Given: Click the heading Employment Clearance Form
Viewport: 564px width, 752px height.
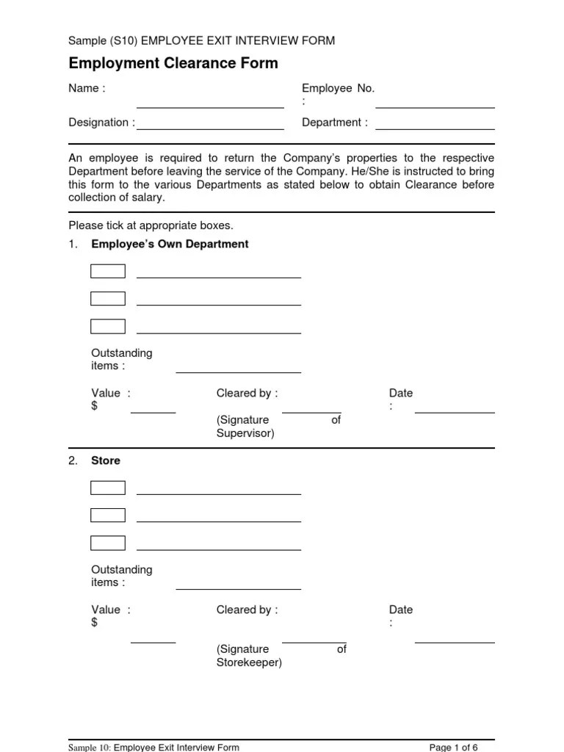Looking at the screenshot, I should click(x=173, y=63).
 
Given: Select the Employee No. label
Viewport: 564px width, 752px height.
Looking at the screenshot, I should click(x=338, y=88).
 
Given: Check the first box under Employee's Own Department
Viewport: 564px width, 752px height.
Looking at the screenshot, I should click(x=108, y=272).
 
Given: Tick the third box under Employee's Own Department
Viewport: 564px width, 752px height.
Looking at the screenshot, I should click(x=108, y=327).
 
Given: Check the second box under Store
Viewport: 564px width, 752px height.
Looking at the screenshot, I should click(x=108, y=516).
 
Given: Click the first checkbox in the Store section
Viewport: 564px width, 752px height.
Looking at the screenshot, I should click(x=108, y=488).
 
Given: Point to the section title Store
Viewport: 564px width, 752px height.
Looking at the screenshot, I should click(x=106, y=460).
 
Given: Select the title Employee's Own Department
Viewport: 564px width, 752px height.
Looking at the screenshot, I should click(x=170, y=244).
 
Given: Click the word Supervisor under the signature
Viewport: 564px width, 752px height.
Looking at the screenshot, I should click(x=245, y=433).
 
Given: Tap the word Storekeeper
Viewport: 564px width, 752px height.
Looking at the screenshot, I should click(x=249, y=662).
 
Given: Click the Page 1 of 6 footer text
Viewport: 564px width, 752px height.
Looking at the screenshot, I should click(x=453, y=747).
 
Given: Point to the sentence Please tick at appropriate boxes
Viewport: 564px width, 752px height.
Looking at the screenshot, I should click(x=151, y=225).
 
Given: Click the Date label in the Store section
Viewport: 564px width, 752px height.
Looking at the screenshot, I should click(x=401, y=610).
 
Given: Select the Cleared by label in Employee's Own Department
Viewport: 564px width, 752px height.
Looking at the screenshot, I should click(x=247, y=393).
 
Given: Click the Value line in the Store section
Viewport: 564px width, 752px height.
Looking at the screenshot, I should click(x=153, y=642).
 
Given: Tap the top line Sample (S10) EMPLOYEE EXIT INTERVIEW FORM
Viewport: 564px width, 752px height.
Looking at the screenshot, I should click(x=202, y=40).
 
